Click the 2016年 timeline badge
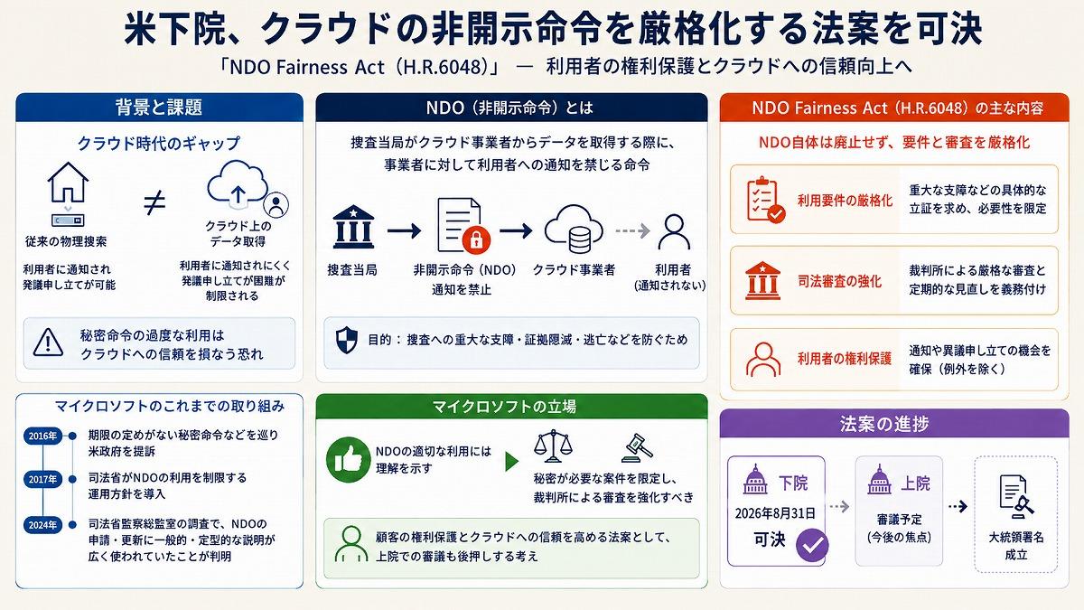point(42,436)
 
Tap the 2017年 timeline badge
point(42,479)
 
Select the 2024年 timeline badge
point(42,525)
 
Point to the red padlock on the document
point(476,239)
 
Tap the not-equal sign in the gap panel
point(154,203)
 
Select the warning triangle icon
point(48,343)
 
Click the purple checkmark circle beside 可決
point(812,545)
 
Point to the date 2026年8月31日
point(775,513)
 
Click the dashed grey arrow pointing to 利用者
point(632,230)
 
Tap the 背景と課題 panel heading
point(159,107)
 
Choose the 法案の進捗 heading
point(884,424)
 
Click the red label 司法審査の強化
point(839,281)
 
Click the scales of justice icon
point(553,446)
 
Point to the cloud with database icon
point(574,229)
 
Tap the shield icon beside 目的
point(347,340)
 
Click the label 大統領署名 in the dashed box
point(1015,538)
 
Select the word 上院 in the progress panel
point(916,483)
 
